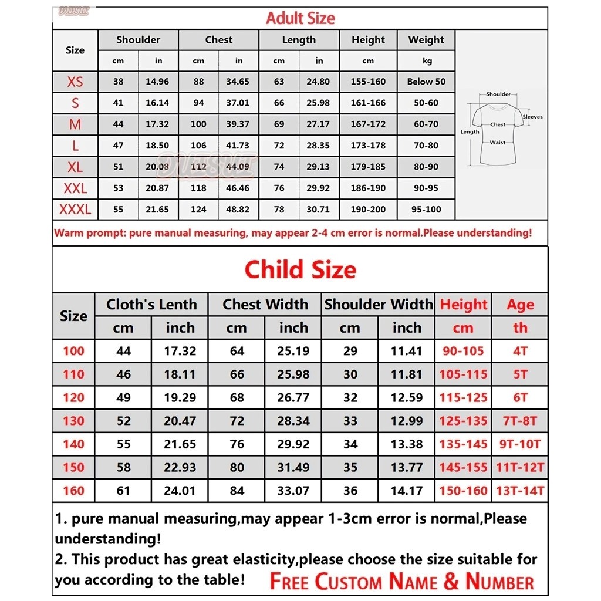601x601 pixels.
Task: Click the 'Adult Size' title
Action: pos(300,18)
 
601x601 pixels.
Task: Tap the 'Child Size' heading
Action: pos(300,269)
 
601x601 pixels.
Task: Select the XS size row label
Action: pos(75,82)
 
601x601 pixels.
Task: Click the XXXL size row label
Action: pos(75,209)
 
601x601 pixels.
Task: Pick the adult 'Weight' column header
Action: pos(426,40)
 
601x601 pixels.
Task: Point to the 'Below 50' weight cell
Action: pos(426,82)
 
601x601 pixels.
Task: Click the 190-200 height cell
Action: pos(368,209)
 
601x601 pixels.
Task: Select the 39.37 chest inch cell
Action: pos(238,124)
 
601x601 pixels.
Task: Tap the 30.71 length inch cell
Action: pos(318,209)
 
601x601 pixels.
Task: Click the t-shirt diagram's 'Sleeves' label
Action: pos(532,117)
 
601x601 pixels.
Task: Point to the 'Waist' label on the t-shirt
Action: pos(497,143)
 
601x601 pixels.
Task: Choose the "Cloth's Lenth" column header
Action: pos(151,304)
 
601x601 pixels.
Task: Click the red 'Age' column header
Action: pos(520,305)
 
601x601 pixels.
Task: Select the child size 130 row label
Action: pos(73,421)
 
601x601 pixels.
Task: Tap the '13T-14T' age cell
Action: pos(520,491)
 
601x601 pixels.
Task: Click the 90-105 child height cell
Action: pos(463,351)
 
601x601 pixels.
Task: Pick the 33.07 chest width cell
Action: pos(293,491)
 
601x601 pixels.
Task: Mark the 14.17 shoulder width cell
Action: pos(407,491)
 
